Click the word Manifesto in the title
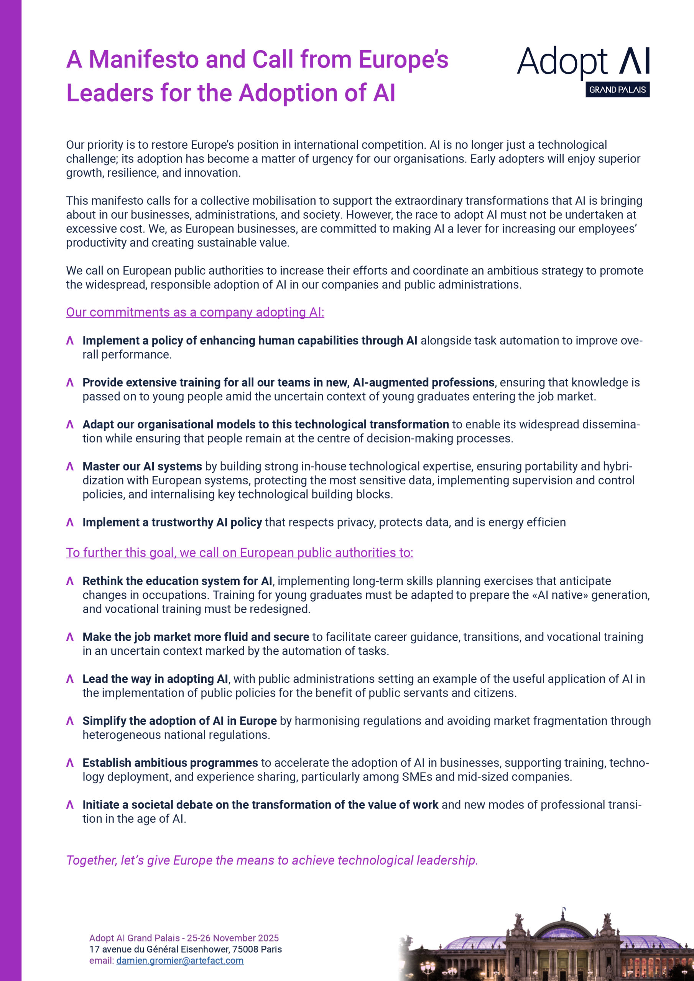[x=143, y=60]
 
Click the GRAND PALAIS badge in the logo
[x=617, y=90]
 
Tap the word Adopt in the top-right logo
[x=562, y=62]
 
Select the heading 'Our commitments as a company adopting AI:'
[x=195, y=312]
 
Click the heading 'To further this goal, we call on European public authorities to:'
[x=240, y=553]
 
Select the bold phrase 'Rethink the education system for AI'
[x=177, y=581]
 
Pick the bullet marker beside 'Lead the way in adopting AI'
[x=70, y=679]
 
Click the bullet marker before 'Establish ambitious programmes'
[x=70, y=763]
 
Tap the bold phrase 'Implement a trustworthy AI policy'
[x=172, y=522]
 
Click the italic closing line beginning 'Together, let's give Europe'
[x=272, y=860]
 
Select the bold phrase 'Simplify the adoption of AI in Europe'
[x=179, y=721]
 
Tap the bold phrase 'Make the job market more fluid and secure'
[x=196, y=637]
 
